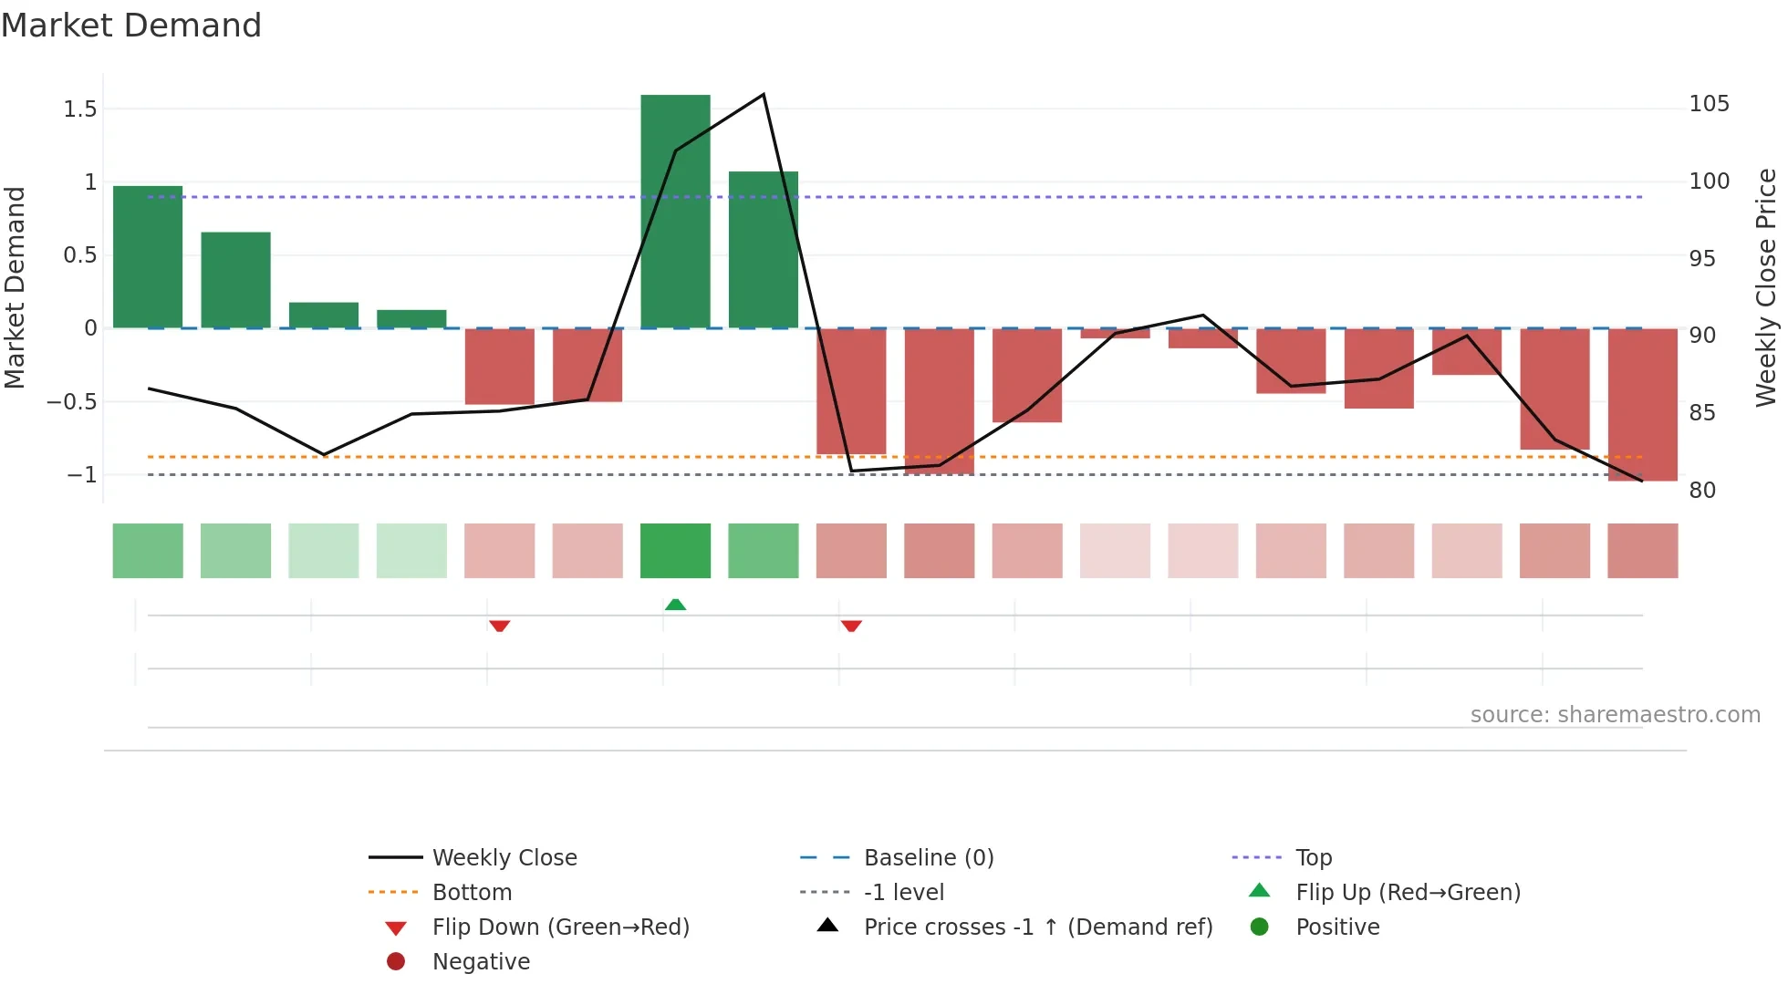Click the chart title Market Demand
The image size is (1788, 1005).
[131, 26]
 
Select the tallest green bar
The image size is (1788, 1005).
[675, 212]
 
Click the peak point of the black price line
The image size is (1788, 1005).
[763, 95]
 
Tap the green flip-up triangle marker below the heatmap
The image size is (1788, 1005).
[675, 605]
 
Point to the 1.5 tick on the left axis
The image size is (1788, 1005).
[80, 109]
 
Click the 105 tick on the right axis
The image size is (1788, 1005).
[1709, 104]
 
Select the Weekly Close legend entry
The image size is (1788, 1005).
[504, 857]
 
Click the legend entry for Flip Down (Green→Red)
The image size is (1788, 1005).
[560, 927]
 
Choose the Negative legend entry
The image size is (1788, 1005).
[481, 961]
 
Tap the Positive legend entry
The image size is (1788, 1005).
[1337, 927]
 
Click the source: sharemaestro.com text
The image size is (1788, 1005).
[1615, 714]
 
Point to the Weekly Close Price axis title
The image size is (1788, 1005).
[1766, 287]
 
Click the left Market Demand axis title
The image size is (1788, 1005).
[16, 287]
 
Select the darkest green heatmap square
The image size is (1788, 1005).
[675, 551]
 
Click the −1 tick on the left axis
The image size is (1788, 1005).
[82, 475]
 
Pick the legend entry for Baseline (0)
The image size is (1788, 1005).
[929, 857]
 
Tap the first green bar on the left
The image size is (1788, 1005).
[148, 257]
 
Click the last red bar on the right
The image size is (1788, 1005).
[1642, 404]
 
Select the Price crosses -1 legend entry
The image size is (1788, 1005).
[1038, 927]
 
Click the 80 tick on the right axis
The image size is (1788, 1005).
[1702, 491]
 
